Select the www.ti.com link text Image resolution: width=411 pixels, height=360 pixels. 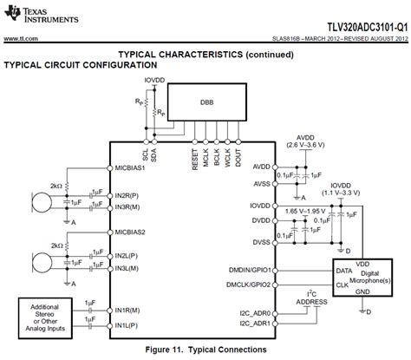click(20, 38)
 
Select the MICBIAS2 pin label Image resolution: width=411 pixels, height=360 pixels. click(133, 232)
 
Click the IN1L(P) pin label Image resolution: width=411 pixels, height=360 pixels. click(130, 324)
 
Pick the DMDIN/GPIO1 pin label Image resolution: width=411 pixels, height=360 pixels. click(248, 271)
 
